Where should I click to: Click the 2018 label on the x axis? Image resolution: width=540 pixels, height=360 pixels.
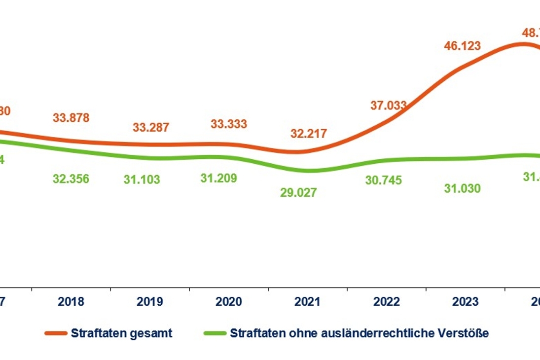(71, 302)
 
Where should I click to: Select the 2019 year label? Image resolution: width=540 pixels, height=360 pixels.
(150, 302)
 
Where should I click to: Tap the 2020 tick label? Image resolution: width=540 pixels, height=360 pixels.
(229, 302)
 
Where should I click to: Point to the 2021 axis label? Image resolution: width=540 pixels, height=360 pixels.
(308, 302)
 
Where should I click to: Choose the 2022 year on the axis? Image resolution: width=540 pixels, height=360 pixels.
(387, 302)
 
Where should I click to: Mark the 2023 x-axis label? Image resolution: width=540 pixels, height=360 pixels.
(466, 302)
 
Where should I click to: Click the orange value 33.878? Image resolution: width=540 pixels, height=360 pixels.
(71, 118)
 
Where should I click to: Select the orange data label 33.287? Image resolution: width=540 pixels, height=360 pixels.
(151, 127)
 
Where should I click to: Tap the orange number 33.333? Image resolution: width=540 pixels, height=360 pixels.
(229, 124)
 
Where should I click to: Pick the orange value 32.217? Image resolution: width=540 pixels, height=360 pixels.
(309, 133)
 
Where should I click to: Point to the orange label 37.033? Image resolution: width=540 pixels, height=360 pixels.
(389, 105)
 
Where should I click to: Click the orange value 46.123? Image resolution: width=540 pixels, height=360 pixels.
(463, 46)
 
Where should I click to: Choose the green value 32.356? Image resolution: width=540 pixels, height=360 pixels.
(71, 179)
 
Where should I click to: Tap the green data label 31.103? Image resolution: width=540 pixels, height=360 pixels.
(142, 180)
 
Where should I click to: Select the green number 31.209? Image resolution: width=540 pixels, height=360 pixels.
(219, 178)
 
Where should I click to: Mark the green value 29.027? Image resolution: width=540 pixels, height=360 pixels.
(299, 192)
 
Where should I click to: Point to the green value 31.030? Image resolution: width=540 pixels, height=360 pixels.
(463, 189)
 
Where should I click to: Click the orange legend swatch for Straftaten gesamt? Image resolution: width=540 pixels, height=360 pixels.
(56, 333)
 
